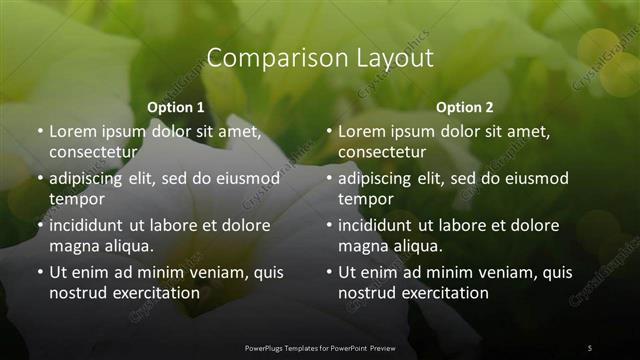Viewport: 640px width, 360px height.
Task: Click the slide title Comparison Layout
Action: point(320,58)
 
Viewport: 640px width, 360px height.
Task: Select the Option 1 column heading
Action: point(176,107)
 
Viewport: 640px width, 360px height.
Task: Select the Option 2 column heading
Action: point(465,107)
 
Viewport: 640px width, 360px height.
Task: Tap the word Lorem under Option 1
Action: point(73,131)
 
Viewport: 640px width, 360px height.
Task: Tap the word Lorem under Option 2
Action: point(362,131)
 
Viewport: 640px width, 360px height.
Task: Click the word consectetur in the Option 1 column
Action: point(92,152)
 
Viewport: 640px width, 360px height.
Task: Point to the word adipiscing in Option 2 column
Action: point(381,178)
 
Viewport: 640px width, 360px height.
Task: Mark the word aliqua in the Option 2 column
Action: point(409,246)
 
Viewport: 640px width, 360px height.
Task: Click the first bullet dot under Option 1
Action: point(39,132)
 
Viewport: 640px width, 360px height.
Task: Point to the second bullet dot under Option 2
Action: point(329,179)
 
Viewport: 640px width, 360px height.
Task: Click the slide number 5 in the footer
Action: point(590,347)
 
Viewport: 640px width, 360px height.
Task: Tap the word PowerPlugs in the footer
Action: point(267,347)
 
